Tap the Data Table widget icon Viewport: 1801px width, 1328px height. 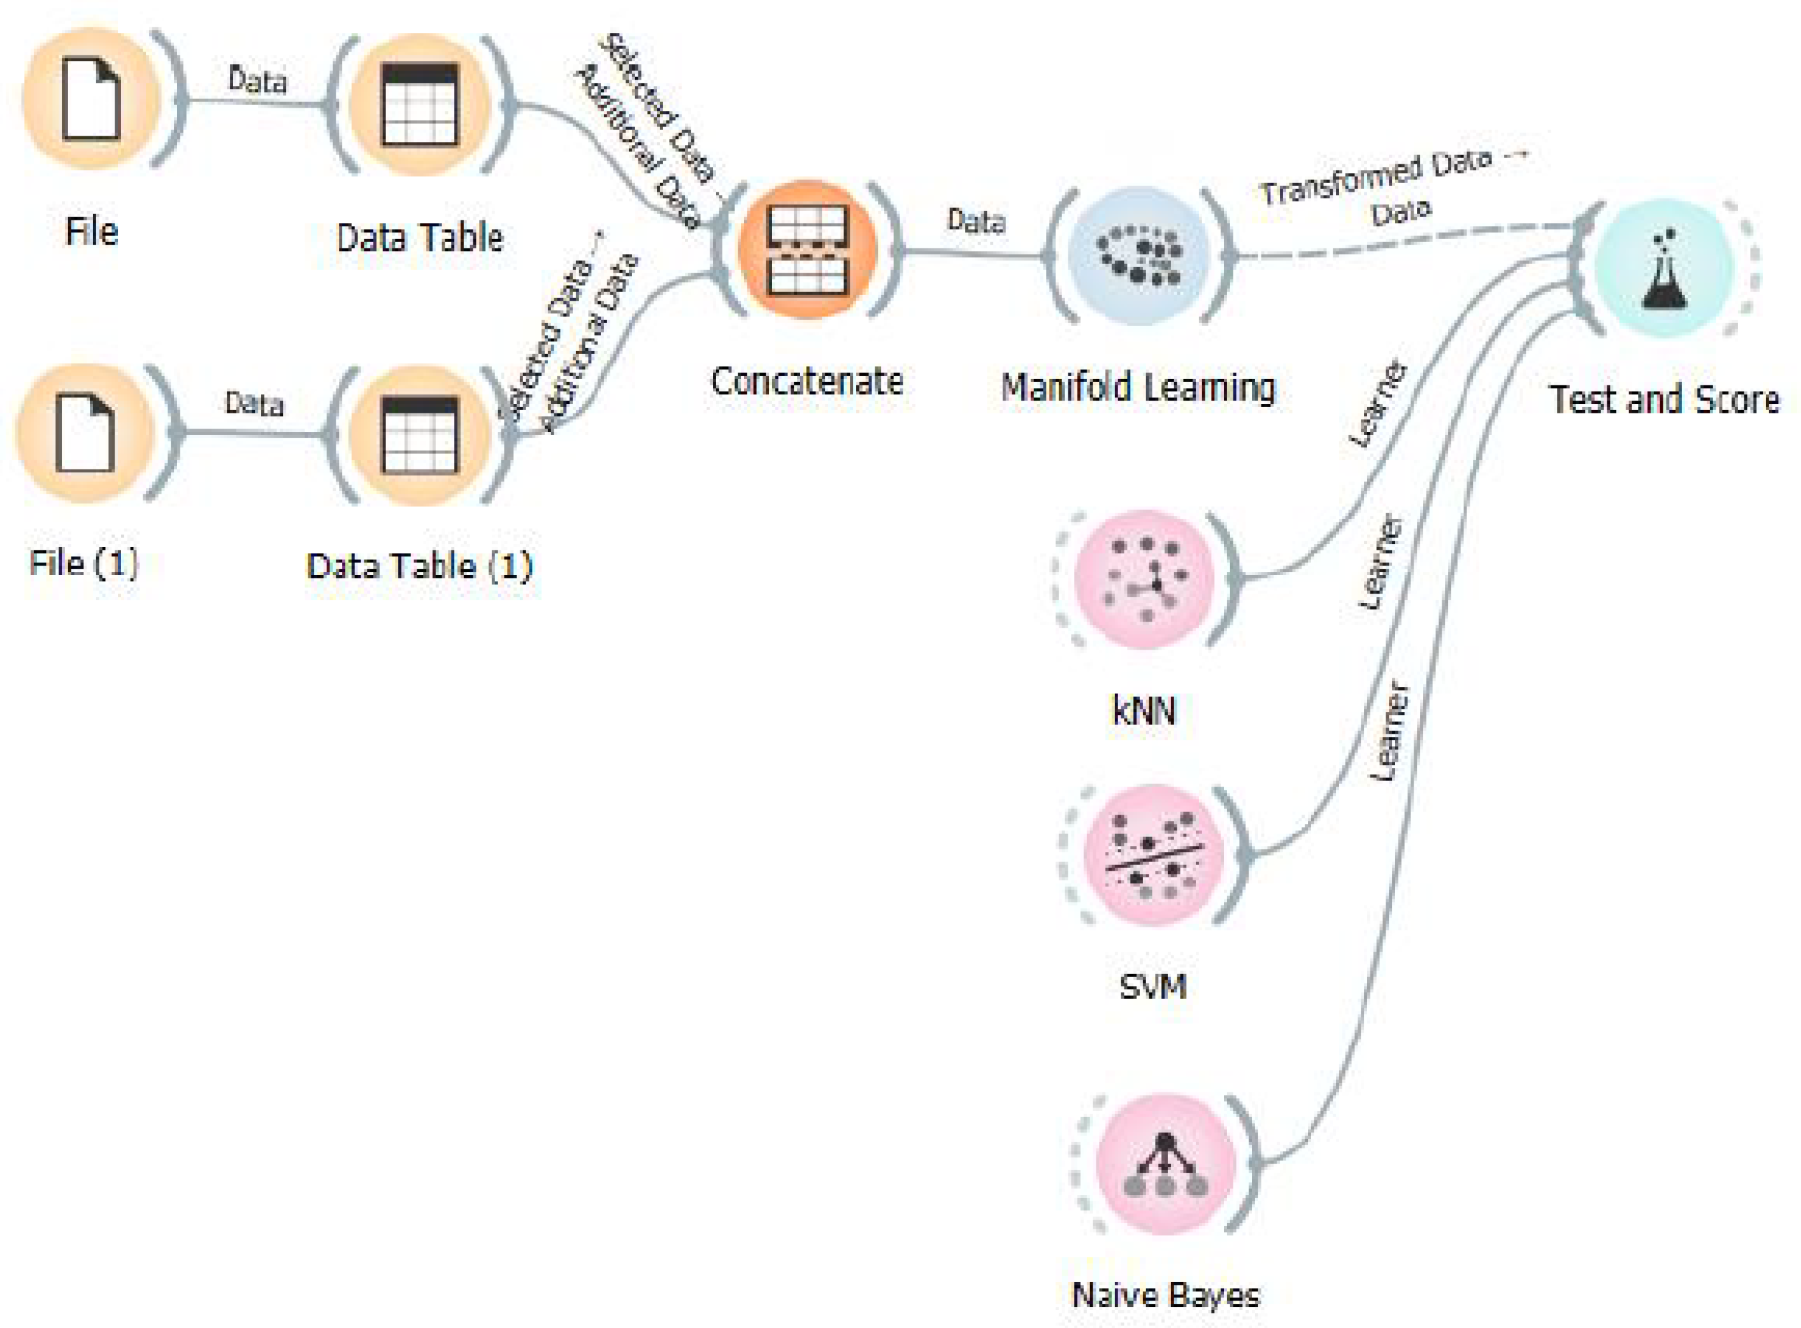point(420,104)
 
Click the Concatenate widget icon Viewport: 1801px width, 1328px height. point(807,249)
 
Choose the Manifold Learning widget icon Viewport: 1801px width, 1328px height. point(1139,255)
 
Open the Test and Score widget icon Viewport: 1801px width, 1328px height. point(1663,268)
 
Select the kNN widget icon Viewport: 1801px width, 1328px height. point(1145,578)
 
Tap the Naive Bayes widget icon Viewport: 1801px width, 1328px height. point(1165,1163)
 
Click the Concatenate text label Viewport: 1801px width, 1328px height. point(807,381)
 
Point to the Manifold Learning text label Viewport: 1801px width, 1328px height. point(1138,387)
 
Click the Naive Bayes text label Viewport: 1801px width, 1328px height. point(1166,1295)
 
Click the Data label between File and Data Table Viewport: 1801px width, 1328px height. point(257,80)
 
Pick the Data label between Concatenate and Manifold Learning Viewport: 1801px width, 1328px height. point(976,220)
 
